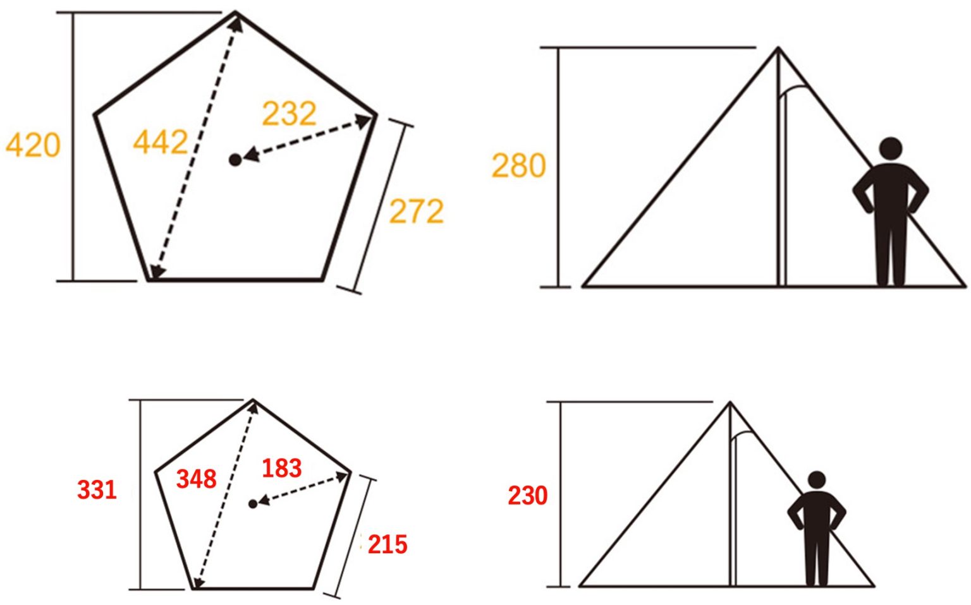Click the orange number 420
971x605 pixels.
point(33,145)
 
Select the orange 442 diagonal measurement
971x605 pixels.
point(161,141)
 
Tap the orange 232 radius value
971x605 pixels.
point(289,114)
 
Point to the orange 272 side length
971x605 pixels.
point(417,211)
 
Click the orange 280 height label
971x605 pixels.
point(518,165)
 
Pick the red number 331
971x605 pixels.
point(97,490)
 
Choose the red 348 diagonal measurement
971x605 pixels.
point(197,479)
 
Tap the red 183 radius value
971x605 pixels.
point(282,468)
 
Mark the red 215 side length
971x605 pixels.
point(388,544)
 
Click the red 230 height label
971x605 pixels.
point(528,496)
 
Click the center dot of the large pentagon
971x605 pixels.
point(235,160)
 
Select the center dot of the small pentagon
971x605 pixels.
point(253,504)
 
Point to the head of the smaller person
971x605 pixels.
point(817,480)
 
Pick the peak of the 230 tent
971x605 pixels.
point(730,402)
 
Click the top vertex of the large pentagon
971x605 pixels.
point(236,12)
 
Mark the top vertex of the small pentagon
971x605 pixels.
point(253,400)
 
